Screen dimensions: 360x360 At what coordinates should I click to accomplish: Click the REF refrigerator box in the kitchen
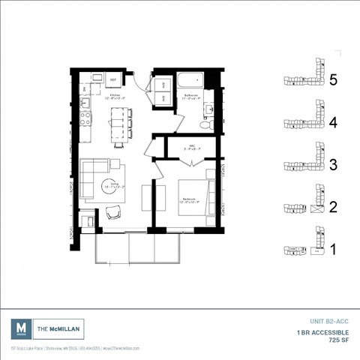[x=113, y=79]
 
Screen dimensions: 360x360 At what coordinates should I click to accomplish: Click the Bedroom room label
[x=188, y=199]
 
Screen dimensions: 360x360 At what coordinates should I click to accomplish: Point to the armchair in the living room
[x=114, y=213]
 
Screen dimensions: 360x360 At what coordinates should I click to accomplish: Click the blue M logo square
[x=21, y=328]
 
